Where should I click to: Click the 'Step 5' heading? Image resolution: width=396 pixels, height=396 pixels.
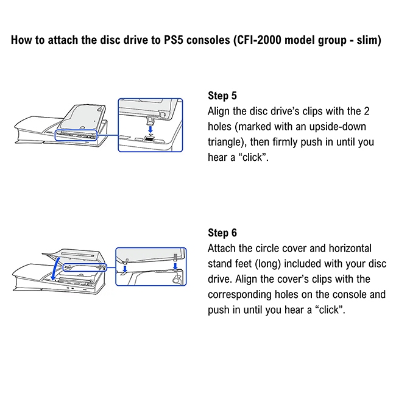(x=222, y=96)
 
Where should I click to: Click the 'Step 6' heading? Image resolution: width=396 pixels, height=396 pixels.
(x=222, y=233)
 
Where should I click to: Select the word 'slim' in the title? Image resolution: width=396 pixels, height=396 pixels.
(x=365, y=41)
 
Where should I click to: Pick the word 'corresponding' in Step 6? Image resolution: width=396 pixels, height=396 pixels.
(x=241, y=294)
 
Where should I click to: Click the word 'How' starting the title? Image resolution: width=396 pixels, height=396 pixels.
(x=22, y=41)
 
